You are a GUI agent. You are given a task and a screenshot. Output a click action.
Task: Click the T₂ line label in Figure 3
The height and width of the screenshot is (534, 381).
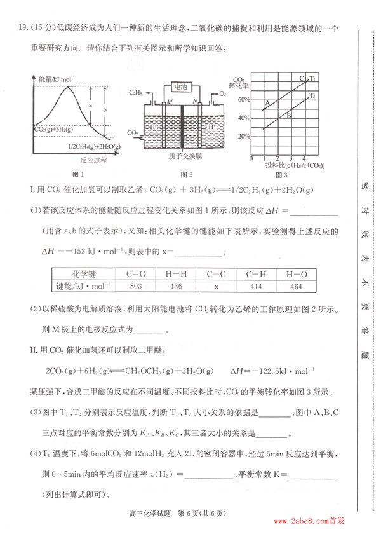tap(312, 95)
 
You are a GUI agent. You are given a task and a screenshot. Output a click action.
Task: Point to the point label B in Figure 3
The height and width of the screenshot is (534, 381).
tap(288, 115)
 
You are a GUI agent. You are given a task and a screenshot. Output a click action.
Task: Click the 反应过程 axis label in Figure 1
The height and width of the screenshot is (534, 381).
tap(79, 161)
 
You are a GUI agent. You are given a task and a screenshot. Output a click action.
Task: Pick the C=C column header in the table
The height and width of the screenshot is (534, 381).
tap(216, 274)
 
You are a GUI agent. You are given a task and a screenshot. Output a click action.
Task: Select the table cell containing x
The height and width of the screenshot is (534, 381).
tap(216, 285)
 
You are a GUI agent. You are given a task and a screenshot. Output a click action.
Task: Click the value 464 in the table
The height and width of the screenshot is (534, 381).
tap(296, 285)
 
